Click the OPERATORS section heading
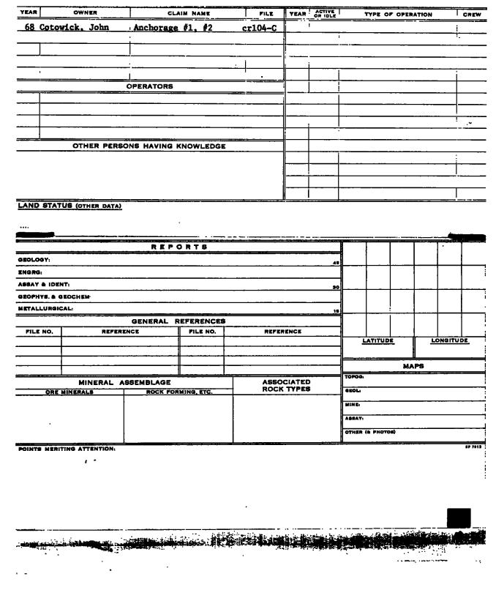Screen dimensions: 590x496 pos(149,86)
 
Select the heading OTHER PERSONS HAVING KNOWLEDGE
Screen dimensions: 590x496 pos(149,146)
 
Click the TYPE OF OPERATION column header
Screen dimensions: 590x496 pos(396,14)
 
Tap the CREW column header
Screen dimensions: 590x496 pos(473,14)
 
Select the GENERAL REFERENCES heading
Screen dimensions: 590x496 pos(178,321)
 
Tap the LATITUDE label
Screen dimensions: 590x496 pos(378,340)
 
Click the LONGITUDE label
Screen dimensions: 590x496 pos(449,340)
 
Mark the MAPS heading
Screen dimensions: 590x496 pos(414,365)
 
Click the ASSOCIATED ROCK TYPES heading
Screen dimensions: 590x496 pos(286,386)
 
